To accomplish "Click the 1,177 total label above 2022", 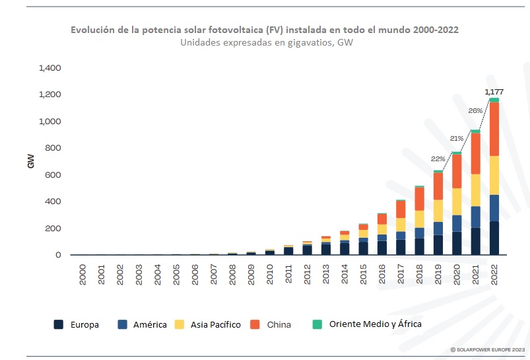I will [x=493, y=91].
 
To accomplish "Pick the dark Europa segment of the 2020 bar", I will [x=457, y=243].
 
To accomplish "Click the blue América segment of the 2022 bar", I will [x=494, y=208].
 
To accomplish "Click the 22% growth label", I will [x=438, y=159].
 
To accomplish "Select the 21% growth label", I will [x=457, y=138].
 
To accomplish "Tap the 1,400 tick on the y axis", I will [x=50, y=68].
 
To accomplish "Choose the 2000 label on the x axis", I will [x=83, y=275].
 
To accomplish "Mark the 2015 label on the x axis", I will [x=362, y=275].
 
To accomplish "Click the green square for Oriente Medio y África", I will [x=317, y=324].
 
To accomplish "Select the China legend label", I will [x=279, y=324].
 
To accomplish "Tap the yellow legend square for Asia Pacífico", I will [x=180, y=324].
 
